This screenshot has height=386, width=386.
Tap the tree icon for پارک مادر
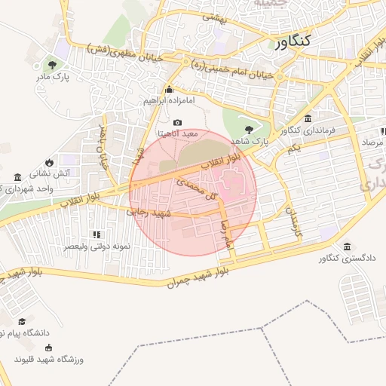pos(52,64)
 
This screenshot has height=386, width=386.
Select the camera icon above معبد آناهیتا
pos(177,122)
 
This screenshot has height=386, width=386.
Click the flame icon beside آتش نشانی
pos(50,161)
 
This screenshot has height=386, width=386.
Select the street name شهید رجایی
pos(153,213)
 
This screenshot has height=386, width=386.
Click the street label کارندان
pos(291,223)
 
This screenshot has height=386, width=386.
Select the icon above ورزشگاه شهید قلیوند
pos(50,348)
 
